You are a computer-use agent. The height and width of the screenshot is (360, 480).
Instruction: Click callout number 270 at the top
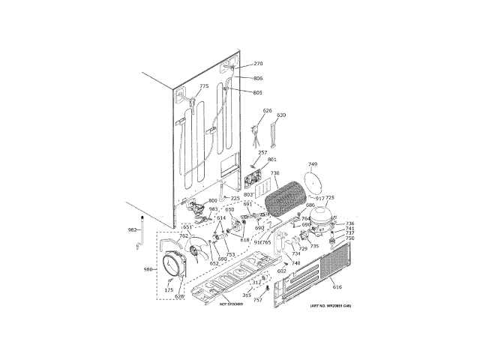(258, 64)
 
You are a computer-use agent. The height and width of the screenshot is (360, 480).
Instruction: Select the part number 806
(258, 79)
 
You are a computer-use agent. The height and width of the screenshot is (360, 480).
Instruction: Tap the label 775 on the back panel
(204, 87)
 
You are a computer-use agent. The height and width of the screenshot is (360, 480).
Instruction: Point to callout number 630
(281, 115)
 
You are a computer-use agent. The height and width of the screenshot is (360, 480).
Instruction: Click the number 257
(262, 153)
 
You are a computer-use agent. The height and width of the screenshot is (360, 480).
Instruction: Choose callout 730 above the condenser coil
(274, 173)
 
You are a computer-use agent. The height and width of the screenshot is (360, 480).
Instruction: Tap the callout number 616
(337, 287)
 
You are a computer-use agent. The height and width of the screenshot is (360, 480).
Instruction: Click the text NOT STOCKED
(234, 304)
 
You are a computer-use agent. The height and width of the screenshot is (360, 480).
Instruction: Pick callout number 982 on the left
(132, 230)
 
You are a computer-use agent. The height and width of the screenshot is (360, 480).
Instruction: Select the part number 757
(257, 300)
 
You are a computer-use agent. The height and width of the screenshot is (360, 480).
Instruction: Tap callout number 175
(169, 289)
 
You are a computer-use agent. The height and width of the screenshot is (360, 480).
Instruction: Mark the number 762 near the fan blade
(184, 236)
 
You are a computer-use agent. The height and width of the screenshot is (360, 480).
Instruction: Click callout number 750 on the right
(349, 238)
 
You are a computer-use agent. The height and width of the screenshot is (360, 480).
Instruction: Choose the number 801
(271, 160)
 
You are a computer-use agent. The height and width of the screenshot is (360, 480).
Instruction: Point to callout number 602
(281, 271)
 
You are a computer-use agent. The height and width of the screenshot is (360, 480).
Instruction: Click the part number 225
(235, 199)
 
